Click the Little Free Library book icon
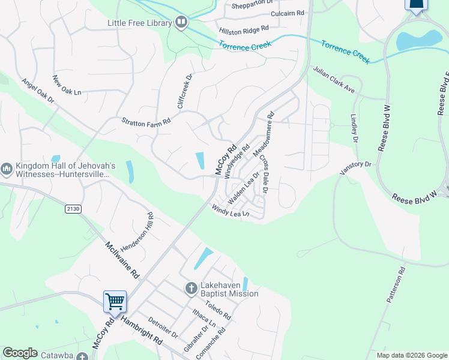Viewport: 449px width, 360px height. [181, 23]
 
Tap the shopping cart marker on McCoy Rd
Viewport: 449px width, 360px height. [115, 301]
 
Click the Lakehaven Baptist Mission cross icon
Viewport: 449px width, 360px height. [191, 289]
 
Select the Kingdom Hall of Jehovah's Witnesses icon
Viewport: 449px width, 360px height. [7, 170]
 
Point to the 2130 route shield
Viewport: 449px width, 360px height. [74, 209]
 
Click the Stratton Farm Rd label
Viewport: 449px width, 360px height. [146, 121]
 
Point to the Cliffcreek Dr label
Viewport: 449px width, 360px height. [185, 91]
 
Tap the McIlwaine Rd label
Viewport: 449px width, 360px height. [122, 260]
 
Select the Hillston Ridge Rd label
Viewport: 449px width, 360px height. [244, 29]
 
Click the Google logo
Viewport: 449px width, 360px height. [20, 353]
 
